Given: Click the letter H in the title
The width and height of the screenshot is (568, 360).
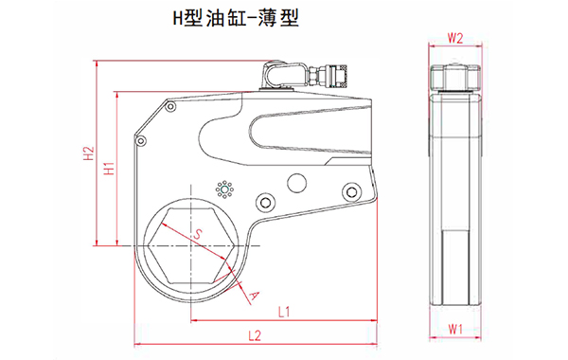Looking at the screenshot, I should (175, 17).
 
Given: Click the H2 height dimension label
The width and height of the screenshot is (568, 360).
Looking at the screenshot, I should (88, 156).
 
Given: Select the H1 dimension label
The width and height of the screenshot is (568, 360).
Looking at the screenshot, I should (109, 169).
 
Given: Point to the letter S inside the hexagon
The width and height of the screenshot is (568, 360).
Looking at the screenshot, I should (198, 233).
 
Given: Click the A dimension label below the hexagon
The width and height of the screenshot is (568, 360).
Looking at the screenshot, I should (253, 296).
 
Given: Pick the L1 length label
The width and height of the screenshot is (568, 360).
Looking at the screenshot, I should (284, 311).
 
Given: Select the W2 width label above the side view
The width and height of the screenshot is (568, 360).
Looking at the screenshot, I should (454, 39).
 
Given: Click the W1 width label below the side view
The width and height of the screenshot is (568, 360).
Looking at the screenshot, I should (454, 330).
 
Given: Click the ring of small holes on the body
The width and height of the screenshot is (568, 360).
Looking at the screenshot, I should (224, 189).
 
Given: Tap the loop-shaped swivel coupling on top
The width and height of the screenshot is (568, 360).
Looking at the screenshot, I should (277, 74).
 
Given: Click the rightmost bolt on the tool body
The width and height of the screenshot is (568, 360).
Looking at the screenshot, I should (353, 194).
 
